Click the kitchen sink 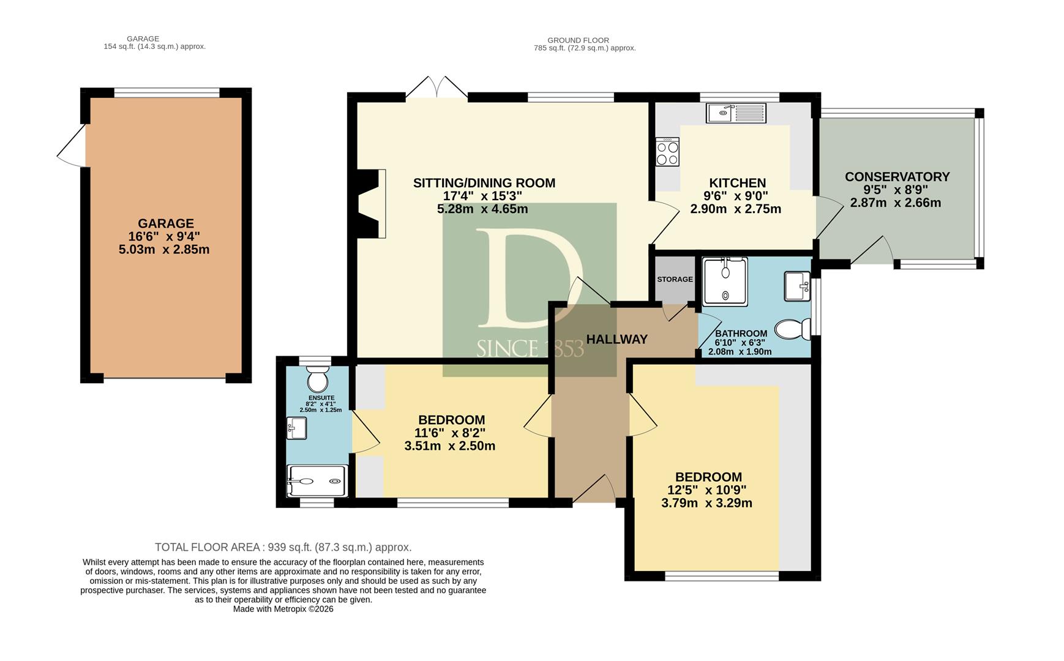point(736,113)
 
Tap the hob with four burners point(667,152)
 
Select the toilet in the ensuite point(317,379)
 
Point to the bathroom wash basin point(797,286)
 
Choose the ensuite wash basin point(297,428)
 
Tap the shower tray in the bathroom point(725,282)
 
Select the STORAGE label point(675,279)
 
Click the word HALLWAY point(617,339)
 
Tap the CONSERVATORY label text point(897,177)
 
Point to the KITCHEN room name point(738,183)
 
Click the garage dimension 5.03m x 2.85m point(164,250)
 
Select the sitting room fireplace point(372,203)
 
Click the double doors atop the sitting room point(436,88)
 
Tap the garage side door point(72,146)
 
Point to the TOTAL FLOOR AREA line point(283,547)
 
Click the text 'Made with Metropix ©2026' point(283,609)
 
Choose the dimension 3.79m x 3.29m point(707,504)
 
